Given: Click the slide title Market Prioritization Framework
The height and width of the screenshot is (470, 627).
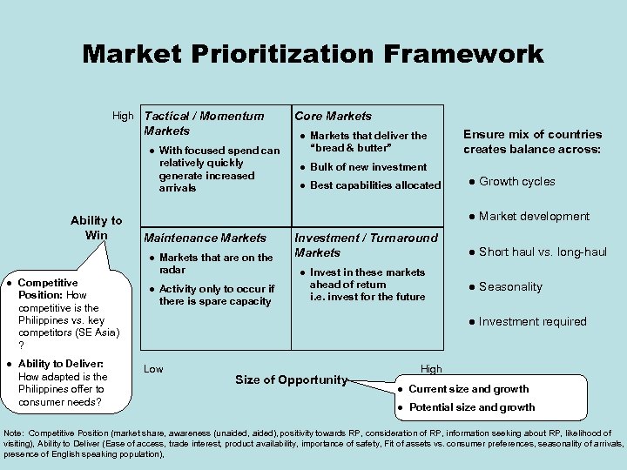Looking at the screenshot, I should (x=313, y=55).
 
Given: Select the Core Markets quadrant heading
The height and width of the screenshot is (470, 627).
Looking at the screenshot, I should (x=333, y=116).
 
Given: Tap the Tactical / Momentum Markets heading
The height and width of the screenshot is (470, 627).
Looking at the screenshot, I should (x=204, y=123).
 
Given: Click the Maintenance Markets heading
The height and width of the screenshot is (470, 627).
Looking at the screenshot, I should (x=205, y=238).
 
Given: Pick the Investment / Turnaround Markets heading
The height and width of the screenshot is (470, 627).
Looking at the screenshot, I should (x=366, y=245).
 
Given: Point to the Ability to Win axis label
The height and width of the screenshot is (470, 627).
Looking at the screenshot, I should (x=96, y=228).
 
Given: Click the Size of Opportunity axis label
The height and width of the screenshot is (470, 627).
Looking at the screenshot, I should (x=291, y=379).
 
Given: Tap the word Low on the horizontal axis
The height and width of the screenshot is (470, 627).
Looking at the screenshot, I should (x=153, y=369).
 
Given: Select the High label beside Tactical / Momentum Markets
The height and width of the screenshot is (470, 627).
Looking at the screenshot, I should (x=123, y=116).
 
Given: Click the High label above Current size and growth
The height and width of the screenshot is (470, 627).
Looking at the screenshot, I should (x=431, y=369).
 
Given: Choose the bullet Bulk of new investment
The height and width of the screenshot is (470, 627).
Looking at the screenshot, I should (x=368, y=167).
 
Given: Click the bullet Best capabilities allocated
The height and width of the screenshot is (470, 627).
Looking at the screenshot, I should (x=375, y=185).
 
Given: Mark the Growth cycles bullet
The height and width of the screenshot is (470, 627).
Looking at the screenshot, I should (x=516, y=182).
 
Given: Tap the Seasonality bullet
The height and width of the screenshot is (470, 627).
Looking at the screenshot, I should (x=510, y=287).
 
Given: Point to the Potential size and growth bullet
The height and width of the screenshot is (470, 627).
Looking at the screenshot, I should (x=471, y=407).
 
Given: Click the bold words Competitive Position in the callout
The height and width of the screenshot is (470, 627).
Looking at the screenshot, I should (x=48, y=289).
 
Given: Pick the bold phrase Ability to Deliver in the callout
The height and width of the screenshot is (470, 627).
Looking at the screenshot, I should (x=61, y=364).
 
